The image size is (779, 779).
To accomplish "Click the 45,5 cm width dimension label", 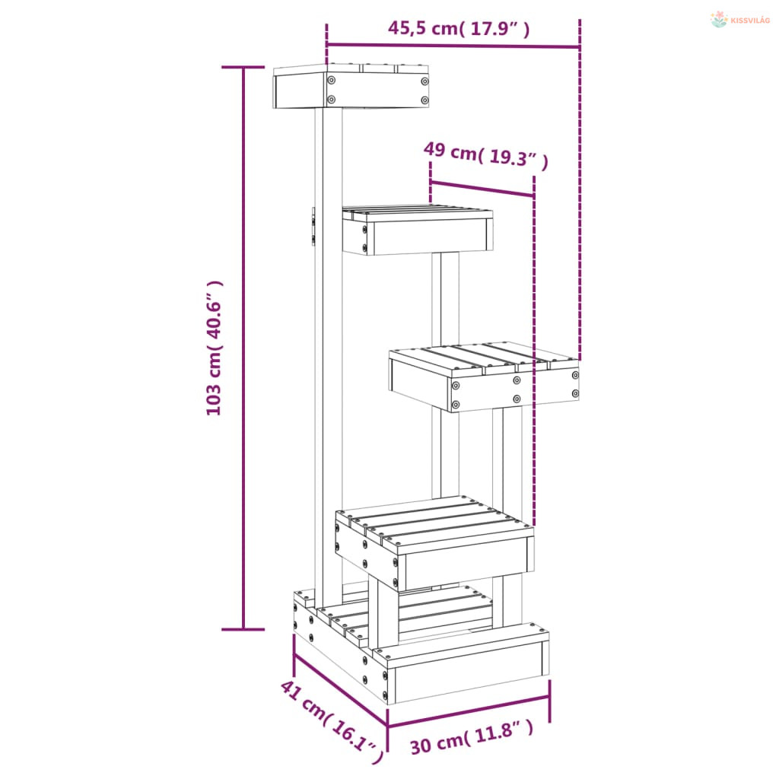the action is click(459, 28).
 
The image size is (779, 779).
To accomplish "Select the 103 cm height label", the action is click(215, 348).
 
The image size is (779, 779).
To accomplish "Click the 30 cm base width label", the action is click(472, 736).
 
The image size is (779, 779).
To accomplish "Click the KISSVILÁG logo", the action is click(740, 19).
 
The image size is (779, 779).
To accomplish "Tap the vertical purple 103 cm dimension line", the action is click(243, 348).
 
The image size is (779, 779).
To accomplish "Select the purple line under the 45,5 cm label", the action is click(453, 46).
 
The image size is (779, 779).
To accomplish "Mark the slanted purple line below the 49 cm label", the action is click(482, 189).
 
